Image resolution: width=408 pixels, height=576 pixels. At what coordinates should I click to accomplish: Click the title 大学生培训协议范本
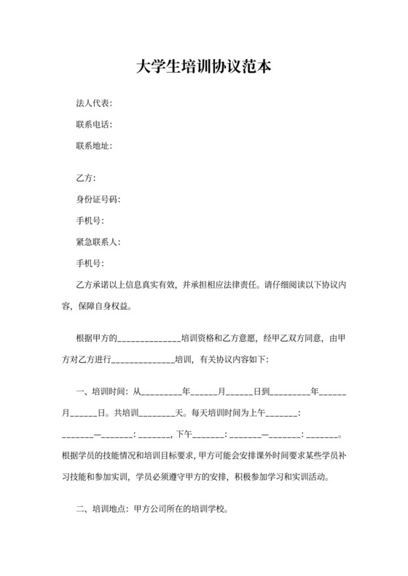pyautogui.click(x=204, y=68)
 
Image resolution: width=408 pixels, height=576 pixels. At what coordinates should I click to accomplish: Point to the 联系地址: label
pyautogui.click(x=94, y=145)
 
